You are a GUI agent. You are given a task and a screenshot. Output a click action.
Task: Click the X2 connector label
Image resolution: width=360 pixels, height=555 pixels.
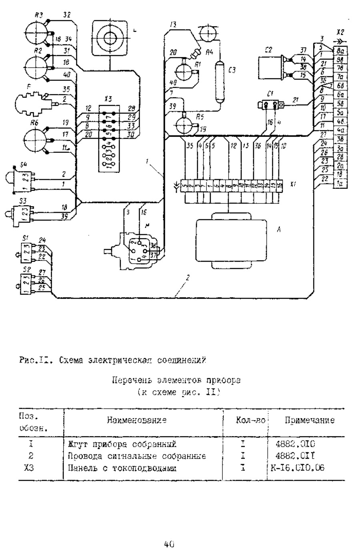340,31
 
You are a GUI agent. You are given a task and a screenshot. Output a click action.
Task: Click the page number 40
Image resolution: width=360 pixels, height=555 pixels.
168,544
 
